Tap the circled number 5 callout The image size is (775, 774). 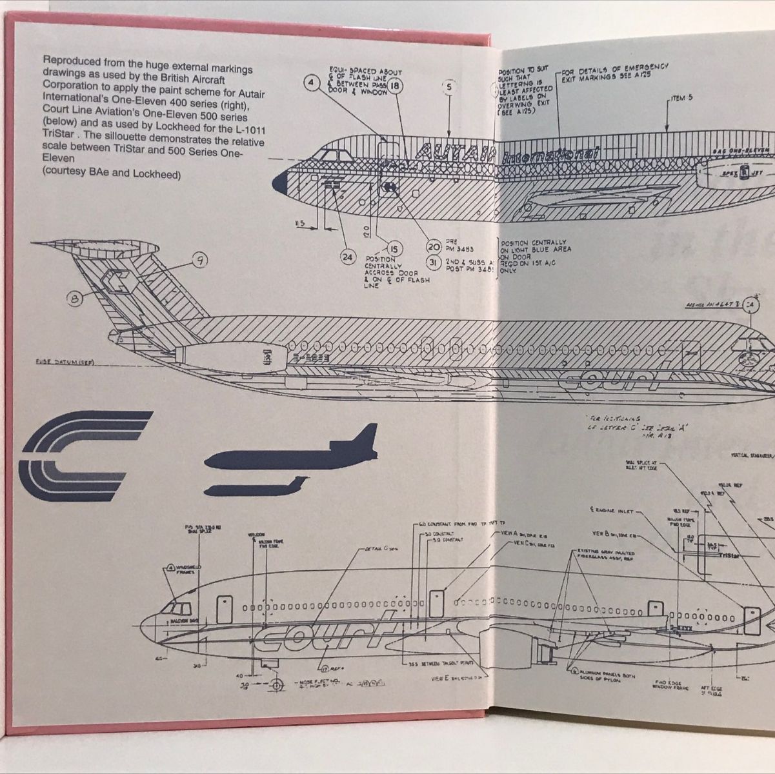449,86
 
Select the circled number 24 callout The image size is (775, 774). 348,257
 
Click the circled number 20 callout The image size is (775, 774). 434,246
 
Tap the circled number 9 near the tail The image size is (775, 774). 201,260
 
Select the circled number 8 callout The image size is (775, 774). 75,298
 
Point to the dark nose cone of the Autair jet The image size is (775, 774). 281,183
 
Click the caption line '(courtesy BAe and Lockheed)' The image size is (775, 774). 111,174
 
